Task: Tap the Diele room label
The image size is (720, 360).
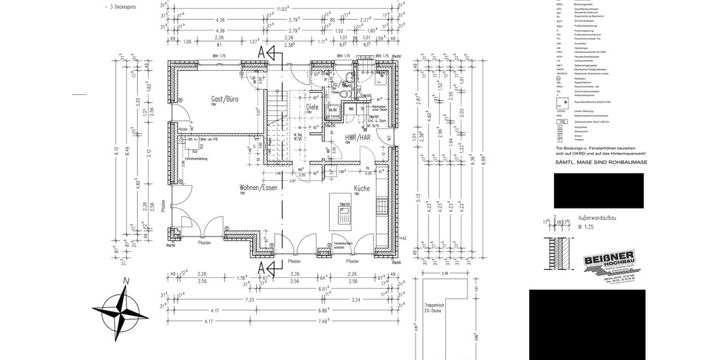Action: tap(312, 107)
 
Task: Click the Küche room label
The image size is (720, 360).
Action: tap(361, 188)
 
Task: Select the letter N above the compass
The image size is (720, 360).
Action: tap(125, 280)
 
